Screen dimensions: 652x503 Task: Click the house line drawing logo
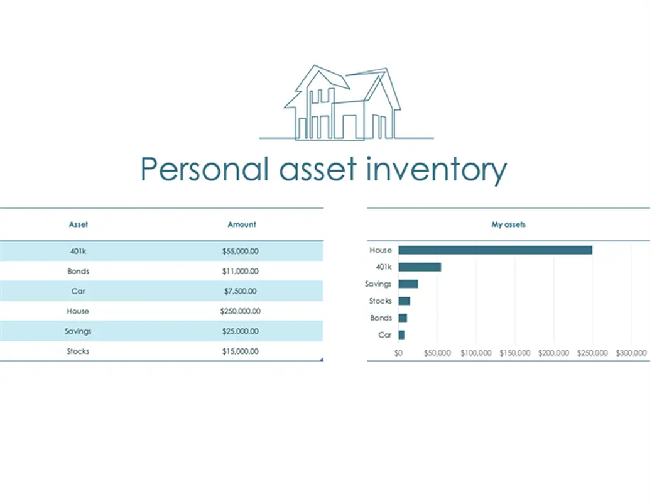[x=346, y=103]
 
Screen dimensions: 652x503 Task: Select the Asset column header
[x=78, y=224]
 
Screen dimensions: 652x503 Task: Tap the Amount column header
[x=242, y=224]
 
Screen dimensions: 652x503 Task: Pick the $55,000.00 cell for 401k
[x=241, y=251]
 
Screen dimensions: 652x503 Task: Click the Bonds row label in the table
[x=78, y=271]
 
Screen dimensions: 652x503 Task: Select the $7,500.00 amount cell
[x=241, y=291]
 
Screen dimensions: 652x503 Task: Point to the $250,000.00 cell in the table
[x=241, y=311]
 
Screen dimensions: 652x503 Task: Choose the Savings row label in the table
[x=78, y=331]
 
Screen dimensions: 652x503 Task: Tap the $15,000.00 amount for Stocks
[x=241, y=351]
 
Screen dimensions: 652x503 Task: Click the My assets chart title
[x=509, y=224]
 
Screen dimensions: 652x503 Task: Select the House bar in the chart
[x=495, y=250]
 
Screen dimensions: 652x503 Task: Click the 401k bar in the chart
[x=420, y=267]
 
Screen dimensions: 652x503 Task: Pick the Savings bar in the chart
[x=408, y=284]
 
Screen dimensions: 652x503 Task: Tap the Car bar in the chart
[x=401, y=334]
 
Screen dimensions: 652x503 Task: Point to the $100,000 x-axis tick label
[x=476, y=353]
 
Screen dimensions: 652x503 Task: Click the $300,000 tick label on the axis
[x=631, y=353]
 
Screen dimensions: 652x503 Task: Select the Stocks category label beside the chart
[x=381, y=301]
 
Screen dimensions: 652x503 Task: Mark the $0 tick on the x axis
[x=398, y=353]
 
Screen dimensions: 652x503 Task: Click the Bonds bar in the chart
[x=403, y=318]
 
